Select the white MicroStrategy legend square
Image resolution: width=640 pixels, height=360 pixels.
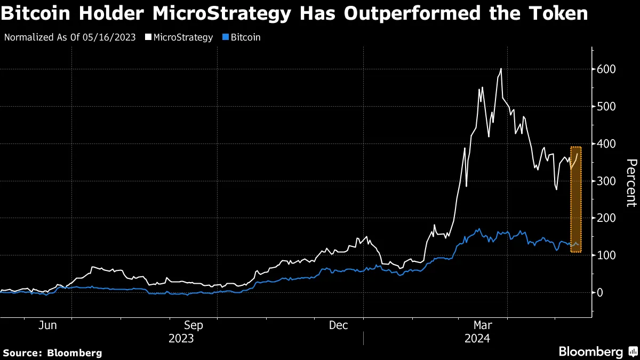point(148,38)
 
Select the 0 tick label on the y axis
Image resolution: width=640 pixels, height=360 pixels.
point(600,292)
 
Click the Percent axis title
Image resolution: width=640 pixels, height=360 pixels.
point(631,182)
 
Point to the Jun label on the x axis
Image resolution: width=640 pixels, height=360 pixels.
point(48,325)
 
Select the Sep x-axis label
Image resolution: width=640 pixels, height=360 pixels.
point(193,325)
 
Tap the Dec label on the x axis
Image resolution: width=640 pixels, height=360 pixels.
point(338,325)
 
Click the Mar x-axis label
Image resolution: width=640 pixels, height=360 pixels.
point(483,325)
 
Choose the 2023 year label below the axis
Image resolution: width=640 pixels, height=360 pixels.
point(181,339)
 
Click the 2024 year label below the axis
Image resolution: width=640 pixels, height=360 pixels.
point(477,339)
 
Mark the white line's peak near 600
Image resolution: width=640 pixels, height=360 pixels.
point(501,69)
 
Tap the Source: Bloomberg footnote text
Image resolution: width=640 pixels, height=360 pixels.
point(52,353)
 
